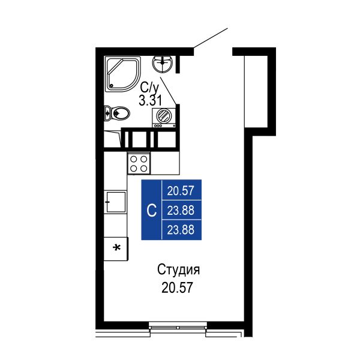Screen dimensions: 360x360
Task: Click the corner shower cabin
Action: tap(122, 74)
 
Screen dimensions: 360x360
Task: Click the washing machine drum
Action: tap(164, 116)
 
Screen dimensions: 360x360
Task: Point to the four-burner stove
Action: tap(139, 163)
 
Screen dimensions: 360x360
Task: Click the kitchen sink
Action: tap(116, 202)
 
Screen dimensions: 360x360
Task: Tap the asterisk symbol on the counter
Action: tap(118, 248)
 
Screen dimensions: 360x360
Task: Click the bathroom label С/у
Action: tap(149, 87)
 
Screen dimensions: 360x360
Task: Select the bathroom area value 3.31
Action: tap(151, 100)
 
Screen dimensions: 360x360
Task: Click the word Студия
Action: tap(178, 270)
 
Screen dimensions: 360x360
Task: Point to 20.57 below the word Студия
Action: tap(177, 287)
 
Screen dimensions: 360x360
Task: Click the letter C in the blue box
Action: tap(152, 211)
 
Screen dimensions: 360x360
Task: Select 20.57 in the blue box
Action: tap(181, 191)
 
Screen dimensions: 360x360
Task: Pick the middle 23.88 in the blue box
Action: tap(181, 211)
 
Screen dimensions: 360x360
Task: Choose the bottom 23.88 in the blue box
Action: tap(181, 230)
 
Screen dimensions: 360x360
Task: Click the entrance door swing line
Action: tap(211, 38)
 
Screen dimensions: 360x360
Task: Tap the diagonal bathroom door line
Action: tap(168, 91)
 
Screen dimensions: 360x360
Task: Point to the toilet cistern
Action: tap(107, 113)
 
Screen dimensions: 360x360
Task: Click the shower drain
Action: tap(112, 86)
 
